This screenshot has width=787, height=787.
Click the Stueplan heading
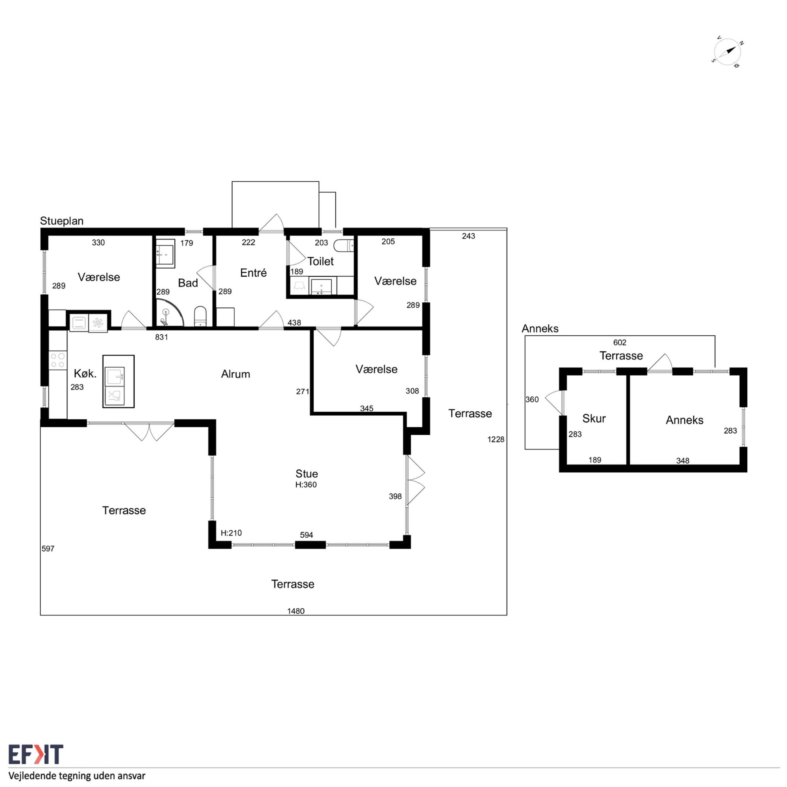[61, 221]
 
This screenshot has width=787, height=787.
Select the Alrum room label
[235, 374]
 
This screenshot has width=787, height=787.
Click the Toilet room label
[321, 261]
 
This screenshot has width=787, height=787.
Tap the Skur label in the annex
[594, 418]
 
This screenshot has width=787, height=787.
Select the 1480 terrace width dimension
[296, 611]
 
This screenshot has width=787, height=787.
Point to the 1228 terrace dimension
[496, 439]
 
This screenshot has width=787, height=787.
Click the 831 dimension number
[161, 337]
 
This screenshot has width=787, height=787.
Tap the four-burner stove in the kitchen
[57, 361]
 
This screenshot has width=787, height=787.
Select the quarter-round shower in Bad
[169, 313]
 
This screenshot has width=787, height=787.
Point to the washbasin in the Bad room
[165, 253]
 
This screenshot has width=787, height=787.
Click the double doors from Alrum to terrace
[149, 431]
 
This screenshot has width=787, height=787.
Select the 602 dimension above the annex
[619, 342]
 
